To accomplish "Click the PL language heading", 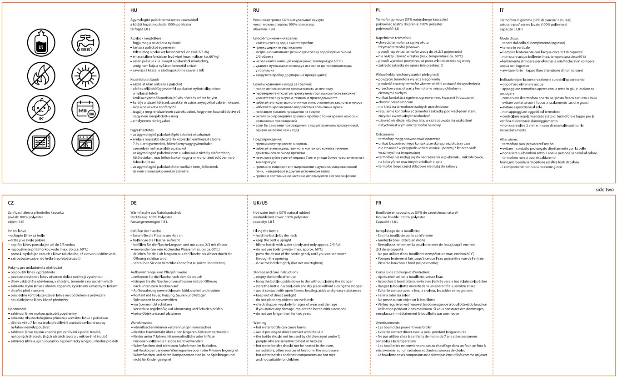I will [378, 9].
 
